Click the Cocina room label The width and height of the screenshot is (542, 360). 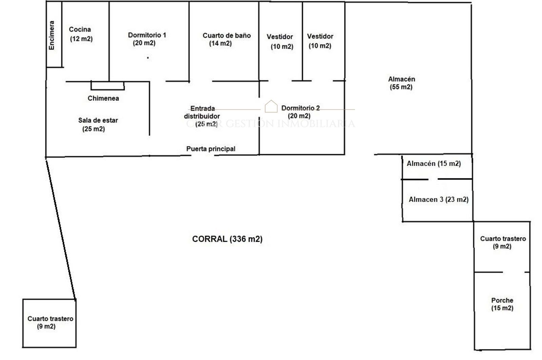coord(80,30)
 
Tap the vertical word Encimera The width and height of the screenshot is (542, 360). coord(51,36)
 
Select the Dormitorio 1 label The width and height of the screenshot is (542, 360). coord(147,35)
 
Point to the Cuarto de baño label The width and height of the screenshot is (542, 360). coord(227,36)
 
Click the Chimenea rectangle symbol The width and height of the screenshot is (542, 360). coord(107,86)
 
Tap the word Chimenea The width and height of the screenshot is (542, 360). coord(103,99)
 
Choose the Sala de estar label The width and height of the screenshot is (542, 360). coord(98,120)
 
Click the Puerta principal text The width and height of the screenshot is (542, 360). coord(211,149)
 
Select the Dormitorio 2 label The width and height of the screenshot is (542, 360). coord(300,108)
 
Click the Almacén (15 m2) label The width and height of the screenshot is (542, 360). coord(434,164)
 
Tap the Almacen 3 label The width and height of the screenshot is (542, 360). coord(438,200)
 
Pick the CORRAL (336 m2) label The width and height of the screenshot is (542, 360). coord(227,239)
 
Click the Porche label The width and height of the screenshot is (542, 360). coord(502,300)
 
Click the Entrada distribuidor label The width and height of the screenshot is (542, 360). coord(202,112)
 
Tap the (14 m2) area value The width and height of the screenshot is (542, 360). coord(221,44)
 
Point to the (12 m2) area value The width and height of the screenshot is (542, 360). coord(81,39)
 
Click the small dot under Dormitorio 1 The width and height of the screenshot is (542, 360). coord(148,58)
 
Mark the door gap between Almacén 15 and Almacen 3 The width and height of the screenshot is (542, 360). coord(433,179)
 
